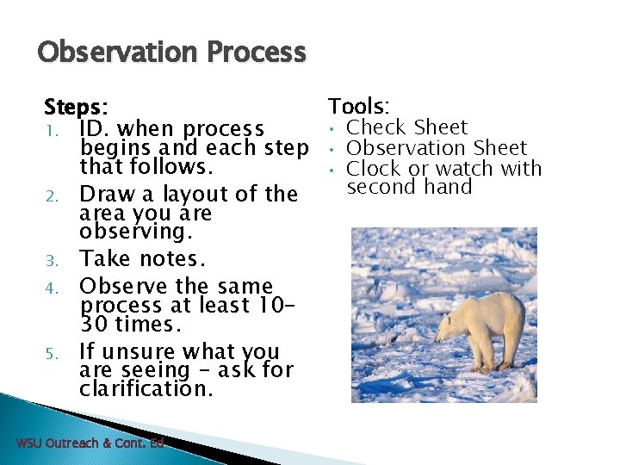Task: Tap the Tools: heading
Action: point(358,107)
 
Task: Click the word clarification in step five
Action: point(146,388)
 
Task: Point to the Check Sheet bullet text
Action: point(406,127)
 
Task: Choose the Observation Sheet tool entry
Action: point(436,148)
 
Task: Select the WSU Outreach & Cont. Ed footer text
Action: point(90,443)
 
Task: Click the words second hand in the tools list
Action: point(409,187)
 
